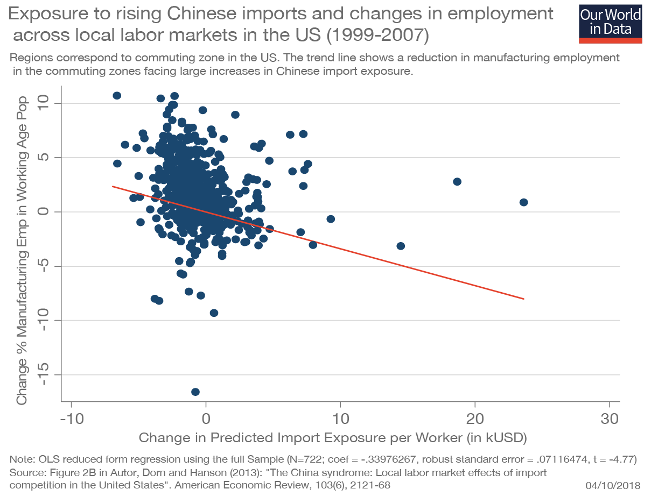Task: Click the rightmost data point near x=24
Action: (x=523, y=202)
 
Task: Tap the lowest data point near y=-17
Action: (x=195, y=392)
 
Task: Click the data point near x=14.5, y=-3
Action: (x=401, y=246)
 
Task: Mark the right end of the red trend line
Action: (x=523, y=299)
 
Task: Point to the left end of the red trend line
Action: (x=113, y=186)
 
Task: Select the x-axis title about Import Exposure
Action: (x=332, y=437)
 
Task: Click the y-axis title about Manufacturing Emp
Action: (x=22, y=247)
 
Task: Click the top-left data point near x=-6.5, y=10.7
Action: (x=117, y=96)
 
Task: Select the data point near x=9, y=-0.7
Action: (x=331, y=219)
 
